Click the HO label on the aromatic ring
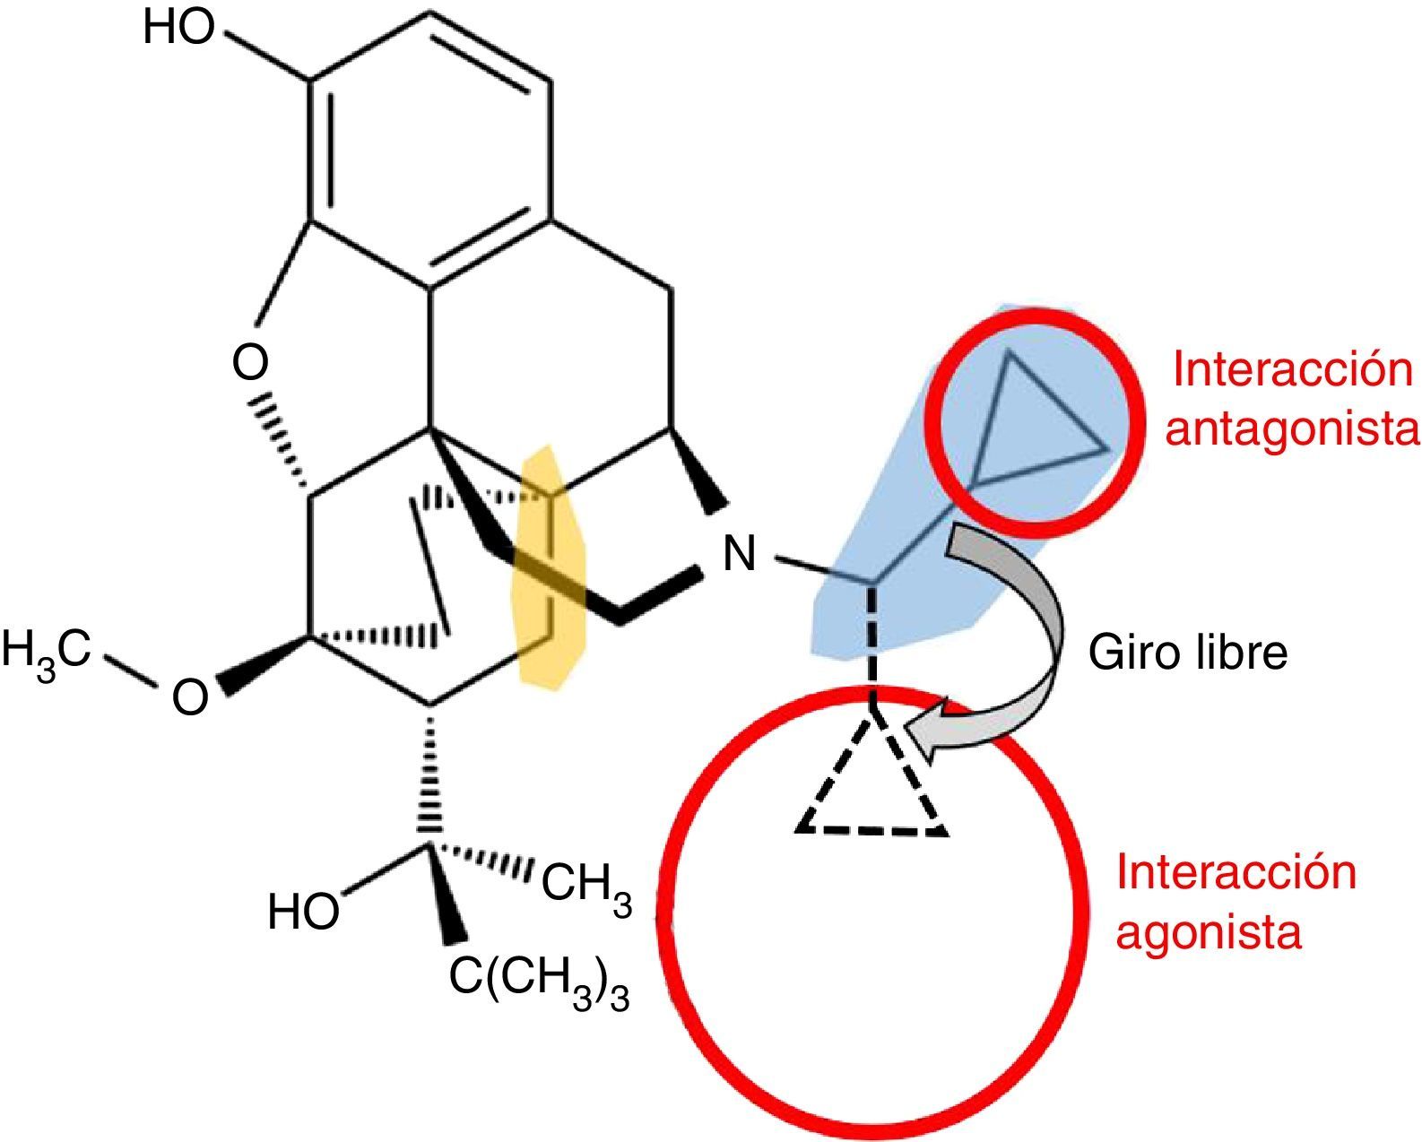pyautogui.click(x=179, y=29)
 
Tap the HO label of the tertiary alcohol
pyautogui.click(x=304, y=912)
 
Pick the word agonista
pyautogui.click(x=1210, y=933)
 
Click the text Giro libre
pyautogui.click(x=1187, y=653)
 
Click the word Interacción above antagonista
pyautogui.click(x=1292, y=370)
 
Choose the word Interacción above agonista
pyautogui.click(x=1236, y=872)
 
